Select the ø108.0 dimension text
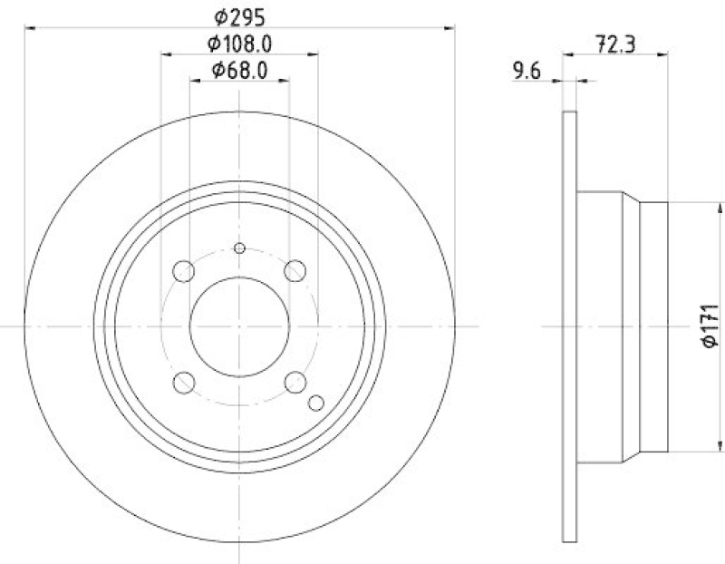pyautogui.click(x=239, y=43)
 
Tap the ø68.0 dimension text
pyautogui.click(x=239, y=70)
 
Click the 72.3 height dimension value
pyautogui.click(x=615, y=42)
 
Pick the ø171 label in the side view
pyautogui.click(x=710, y=326)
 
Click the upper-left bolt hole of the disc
pyautogui.click(x=184, y=270)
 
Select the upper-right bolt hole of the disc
pyautogui.click(x=295, y=270)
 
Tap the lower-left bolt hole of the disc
pyautogui.click(x=184, y=382)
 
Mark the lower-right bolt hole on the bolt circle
pyautogui.click(x=295, y=382)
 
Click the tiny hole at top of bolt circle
pyautogui.click(x=239, y=248)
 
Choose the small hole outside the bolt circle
pyautogui.click(x=316, y=404)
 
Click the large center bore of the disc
pyautogui.click(x=239, y=326)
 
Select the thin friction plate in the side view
pyautogui.click(x=570, y=326)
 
